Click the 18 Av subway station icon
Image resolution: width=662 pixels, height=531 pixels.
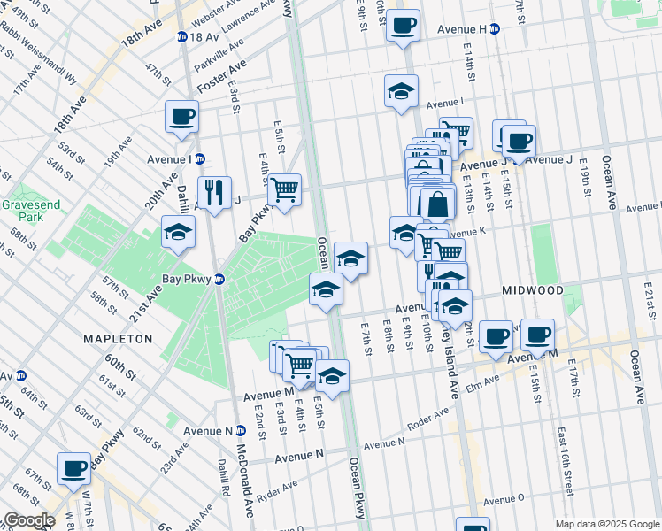pos(181,37)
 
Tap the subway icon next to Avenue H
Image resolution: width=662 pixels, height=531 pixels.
pos(495,29)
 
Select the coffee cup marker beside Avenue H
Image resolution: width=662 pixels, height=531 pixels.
pos(403,26)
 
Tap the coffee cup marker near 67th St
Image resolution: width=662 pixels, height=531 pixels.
pos(73,467)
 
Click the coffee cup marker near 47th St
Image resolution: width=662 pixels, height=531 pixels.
pos(181,116)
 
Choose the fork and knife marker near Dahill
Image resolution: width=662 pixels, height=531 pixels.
pos(214,192)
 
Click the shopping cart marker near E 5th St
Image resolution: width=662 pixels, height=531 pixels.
pos(284,189)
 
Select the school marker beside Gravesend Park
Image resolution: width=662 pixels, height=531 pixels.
pos(178,234)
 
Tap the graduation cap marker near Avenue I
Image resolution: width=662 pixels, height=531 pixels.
pos(401,90)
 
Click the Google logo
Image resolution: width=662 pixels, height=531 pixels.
pos(29,520)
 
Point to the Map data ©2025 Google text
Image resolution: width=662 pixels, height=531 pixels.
pos(607,524)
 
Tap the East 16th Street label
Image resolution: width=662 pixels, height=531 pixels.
pos(564,460)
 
